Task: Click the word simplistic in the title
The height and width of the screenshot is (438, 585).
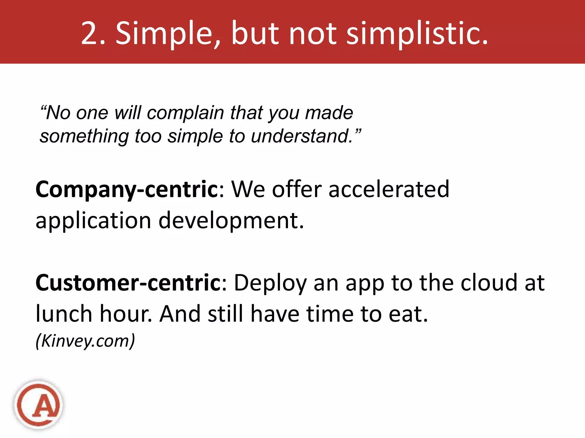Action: pyautogui.click(x=417, y=34)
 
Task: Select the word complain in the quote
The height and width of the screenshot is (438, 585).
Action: pyautogui.click(x=185, y=113)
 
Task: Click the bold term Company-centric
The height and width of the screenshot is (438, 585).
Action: pyautogui.click(x=127, y=189)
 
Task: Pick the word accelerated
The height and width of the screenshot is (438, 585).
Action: pyautogui.click(x=389, y=189)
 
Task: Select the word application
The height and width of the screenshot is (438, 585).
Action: pyautogui.click(x=93, y=221)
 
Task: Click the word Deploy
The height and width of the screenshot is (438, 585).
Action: pyautogui.click(x=270, y=283)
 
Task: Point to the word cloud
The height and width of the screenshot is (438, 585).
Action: pyautogui.click(x=489, y=283)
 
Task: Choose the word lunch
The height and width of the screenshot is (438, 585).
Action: pyautogui.click(x=64, y=314)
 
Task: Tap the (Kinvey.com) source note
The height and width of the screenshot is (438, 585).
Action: pyautogui.click(x=85, y=341)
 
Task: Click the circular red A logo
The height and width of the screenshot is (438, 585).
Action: pyautogui.click(x=38, y=405)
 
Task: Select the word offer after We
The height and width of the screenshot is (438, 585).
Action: pyautogui.click(x=297, y=189)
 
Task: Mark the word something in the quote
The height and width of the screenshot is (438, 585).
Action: pyautogui.click(x=84, y=136)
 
